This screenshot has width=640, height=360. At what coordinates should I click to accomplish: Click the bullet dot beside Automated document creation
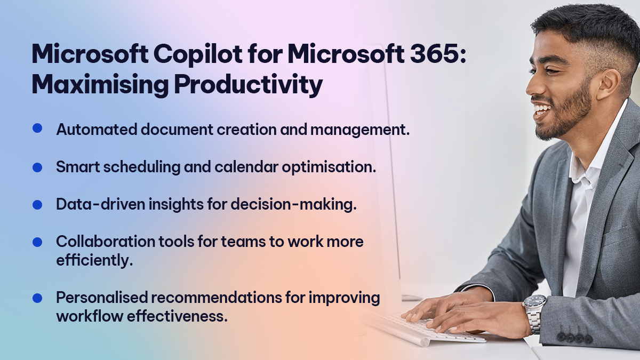pyautogui.click(x=37, y=128)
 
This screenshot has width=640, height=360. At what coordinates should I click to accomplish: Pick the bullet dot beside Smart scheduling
pyautogui.click(x=37, y=167)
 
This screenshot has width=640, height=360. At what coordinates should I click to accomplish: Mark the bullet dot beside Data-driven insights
pyautogui.click(x=37, y=204)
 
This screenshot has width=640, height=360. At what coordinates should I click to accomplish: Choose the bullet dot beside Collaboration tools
pyautogui.click(x=37, y=242)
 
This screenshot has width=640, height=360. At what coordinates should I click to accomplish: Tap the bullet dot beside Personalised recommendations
pyautogui.click(x=37, y=297)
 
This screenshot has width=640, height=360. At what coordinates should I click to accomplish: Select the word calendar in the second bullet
pyautogui.click(x=250, y=167)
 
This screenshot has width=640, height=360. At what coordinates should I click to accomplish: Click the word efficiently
pyautogui.click(x=94, y=261)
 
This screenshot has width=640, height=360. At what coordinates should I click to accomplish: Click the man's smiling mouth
pyautogui.click(x=541, y=111)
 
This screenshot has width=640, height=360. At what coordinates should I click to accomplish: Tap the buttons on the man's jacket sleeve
pyautogui.click(x=574, y=338)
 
